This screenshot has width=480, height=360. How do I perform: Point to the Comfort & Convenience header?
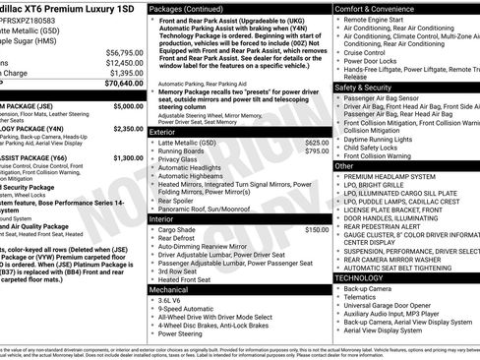coord(378,8)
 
